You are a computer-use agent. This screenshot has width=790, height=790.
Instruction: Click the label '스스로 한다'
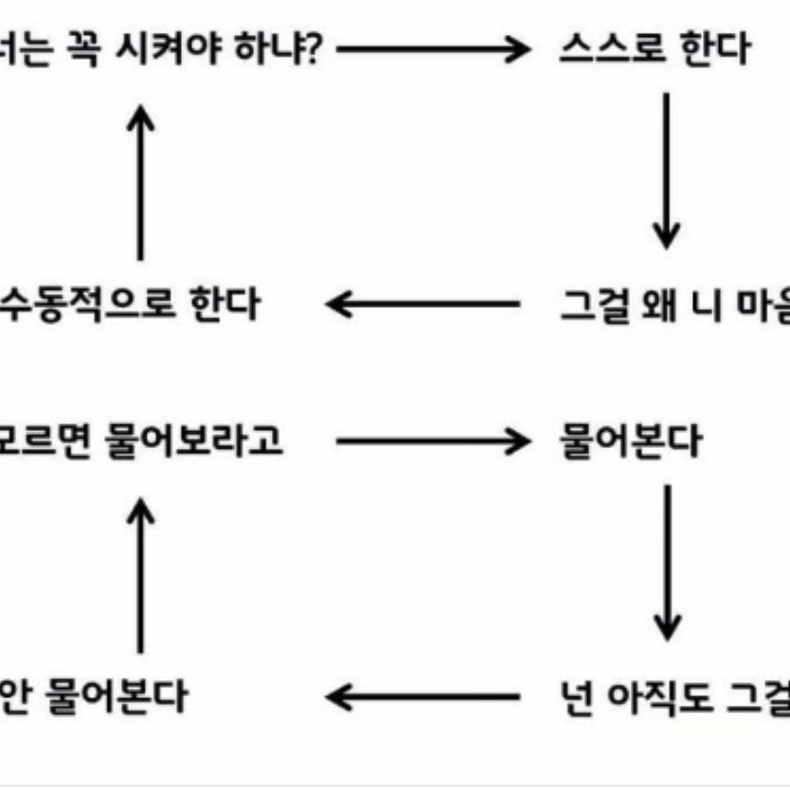point(655,50)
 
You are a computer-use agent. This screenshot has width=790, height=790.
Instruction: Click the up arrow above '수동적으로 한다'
point(140,180)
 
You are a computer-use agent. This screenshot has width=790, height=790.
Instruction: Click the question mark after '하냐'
point(314,49)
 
